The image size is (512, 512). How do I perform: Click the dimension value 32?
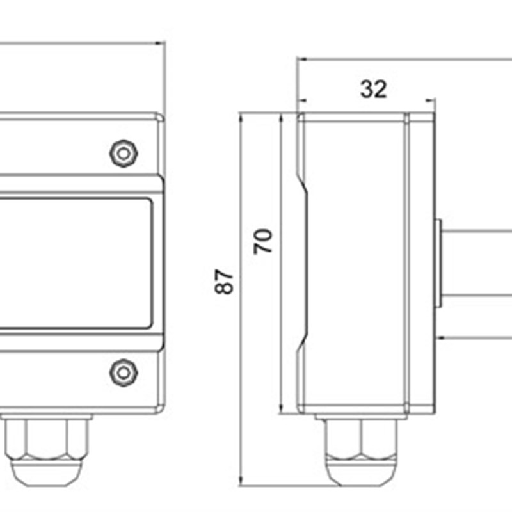point(374,89)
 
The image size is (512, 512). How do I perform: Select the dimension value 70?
point(264,241)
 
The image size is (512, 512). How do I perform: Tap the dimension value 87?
point(225,282)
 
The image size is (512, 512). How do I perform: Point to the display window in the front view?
point(74,262)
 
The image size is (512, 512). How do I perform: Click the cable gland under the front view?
point(45,448)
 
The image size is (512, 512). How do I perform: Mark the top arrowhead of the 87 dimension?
point(241,116)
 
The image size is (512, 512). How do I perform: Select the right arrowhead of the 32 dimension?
point(431,100)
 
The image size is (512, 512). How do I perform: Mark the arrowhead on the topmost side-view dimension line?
point(301,60)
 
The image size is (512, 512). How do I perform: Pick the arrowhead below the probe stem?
point(442,337)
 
